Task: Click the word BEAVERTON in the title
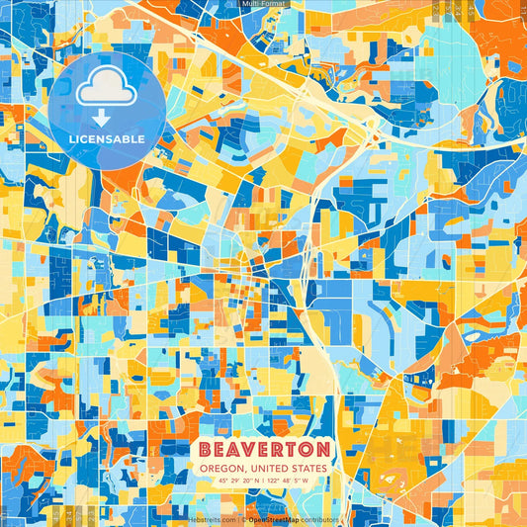point(264,450)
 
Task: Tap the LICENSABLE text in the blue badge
point(106,138)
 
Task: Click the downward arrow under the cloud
point(105,117)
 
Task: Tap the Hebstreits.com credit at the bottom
point(212,519)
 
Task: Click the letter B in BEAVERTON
point(207,450)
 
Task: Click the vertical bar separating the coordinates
point(263,482)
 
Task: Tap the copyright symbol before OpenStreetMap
point(243,519)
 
